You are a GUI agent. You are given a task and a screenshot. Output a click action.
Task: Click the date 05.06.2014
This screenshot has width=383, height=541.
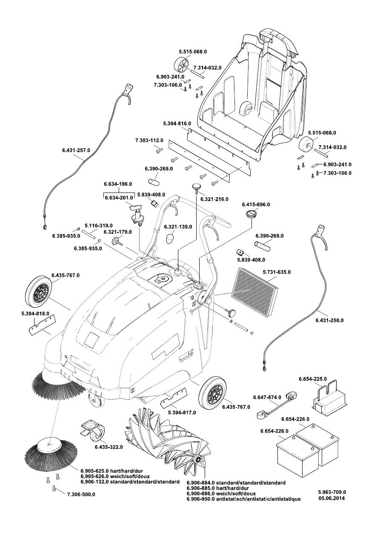pos(332,499)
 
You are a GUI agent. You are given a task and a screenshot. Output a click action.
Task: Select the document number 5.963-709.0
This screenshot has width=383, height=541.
pos(332,492)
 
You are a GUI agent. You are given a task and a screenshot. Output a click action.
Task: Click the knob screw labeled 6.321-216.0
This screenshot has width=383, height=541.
pos(197,187)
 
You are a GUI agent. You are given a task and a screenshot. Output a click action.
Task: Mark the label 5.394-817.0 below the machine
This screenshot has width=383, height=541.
pos(182,413)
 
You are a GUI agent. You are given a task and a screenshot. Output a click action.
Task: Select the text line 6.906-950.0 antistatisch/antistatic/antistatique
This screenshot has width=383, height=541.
pos(243,499)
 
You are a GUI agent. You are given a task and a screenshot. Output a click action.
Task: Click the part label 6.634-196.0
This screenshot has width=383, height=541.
pos(118,184)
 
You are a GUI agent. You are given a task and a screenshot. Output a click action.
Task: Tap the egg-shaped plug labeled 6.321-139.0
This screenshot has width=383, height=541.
pos(170,239)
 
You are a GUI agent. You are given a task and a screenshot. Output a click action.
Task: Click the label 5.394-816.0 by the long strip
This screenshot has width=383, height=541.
pos(177,123)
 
